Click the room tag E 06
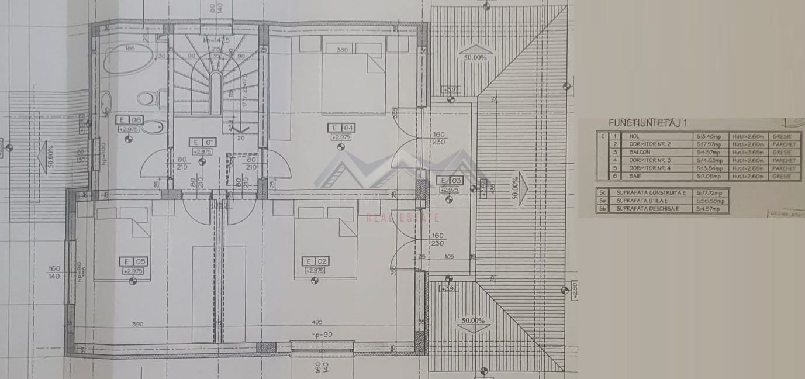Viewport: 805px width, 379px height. coord(129,120)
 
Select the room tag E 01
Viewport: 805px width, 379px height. coord(202,142)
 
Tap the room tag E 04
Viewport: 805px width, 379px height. coord(341,128)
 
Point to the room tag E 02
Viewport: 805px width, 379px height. coord(315,261)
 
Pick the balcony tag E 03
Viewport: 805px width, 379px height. coord(448,181)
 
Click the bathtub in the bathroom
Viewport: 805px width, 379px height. coord(128,59)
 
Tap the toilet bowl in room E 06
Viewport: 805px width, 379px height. coord(147,98)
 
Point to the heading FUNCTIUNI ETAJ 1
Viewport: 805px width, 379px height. coord(647,123)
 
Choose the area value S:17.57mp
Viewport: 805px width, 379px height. coord(710,144)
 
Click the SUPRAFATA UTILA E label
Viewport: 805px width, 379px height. coord(644,201)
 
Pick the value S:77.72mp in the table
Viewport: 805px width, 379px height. coord(709,192)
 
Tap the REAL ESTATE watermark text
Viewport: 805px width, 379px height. coord(402,218)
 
